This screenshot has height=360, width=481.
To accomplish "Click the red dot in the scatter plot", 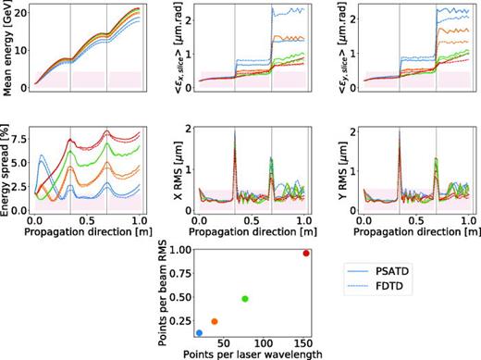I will [306, 254].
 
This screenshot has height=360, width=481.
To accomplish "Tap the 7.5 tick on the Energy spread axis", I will [20, 137].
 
